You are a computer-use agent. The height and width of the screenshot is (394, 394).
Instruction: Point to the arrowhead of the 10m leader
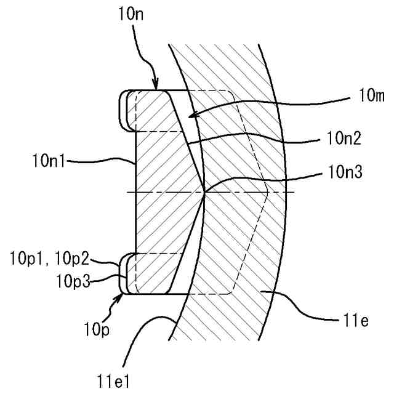click(188, 116)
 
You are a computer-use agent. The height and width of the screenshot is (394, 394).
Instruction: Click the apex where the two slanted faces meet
click(204, 193)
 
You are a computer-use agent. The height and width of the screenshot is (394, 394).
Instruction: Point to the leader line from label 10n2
click(259, 140)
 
